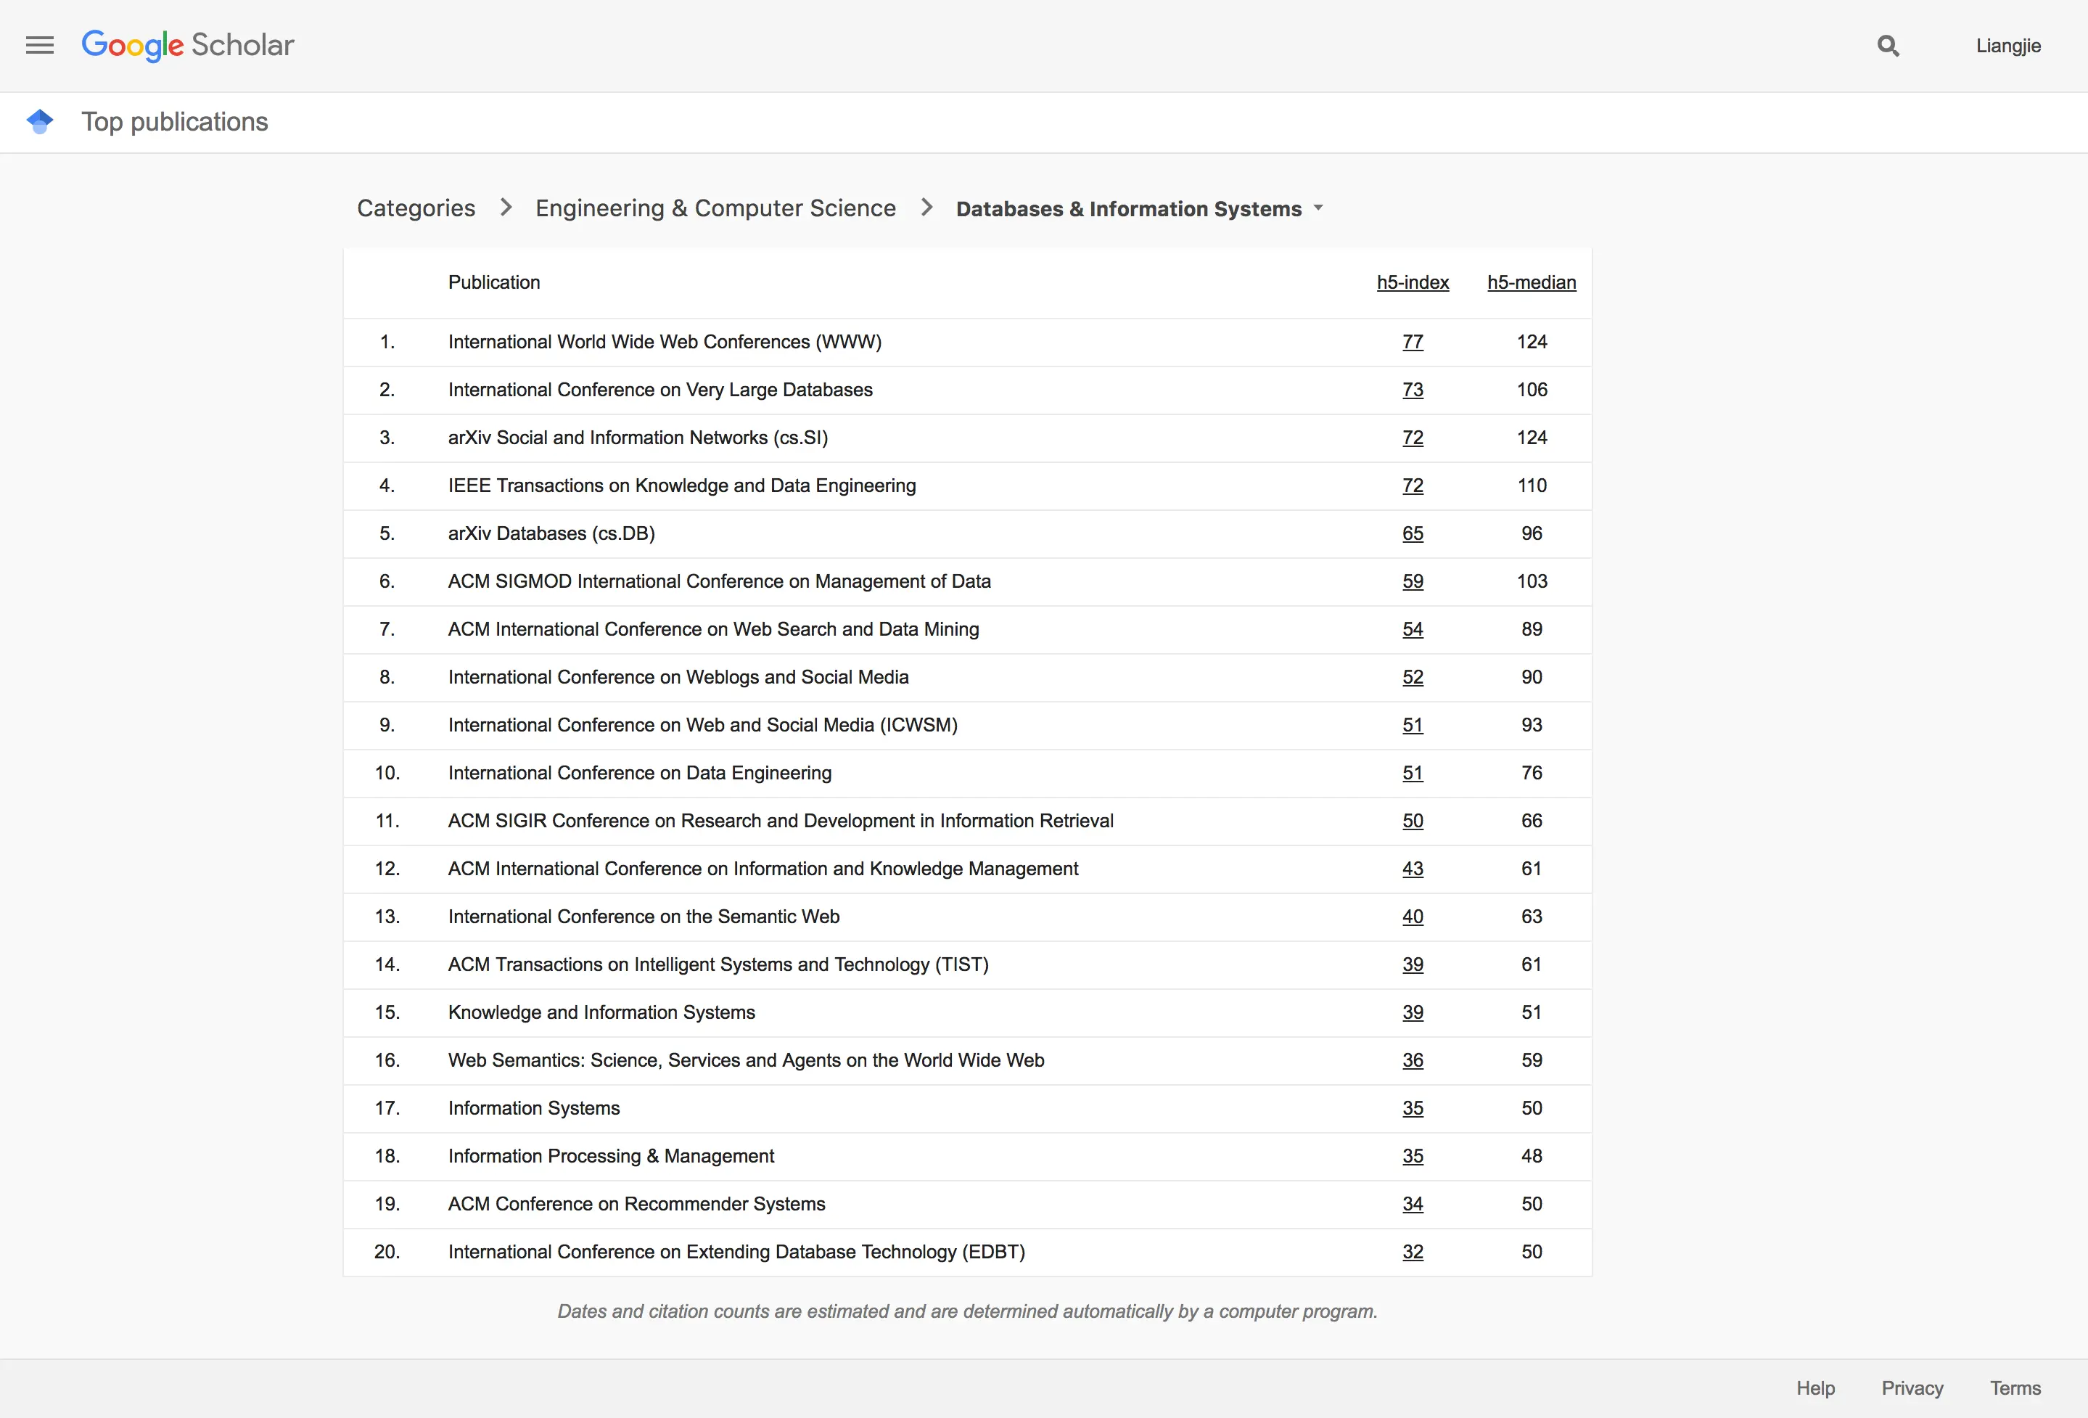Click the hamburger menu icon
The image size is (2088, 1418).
(39, 45)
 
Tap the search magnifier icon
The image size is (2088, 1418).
(1888, 46)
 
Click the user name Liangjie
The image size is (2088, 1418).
(2007, 46)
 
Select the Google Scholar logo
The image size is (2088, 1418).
(188, 45)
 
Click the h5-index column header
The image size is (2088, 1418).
(1413, 282)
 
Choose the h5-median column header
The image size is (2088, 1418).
(1531, 282)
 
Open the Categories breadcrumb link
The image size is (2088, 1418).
(416, 208)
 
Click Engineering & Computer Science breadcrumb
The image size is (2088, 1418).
(715, 208)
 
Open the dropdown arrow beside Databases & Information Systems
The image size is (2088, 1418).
(1318, 208)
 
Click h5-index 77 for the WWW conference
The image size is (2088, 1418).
(1413, 342)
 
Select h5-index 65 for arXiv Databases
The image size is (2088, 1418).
(1413, 533)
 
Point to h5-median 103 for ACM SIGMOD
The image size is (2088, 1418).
(1532, 581)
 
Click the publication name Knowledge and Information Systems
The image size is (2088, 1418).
(601, 1012)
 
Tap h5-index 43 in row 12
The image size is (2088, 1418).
(1413, 868)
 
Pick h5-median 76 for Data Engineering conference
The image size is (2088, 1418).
(1532, 773)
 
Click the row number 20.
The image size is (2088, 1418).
(387, 1252)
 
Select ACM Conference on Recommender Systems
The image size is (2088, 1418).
(636, 1204)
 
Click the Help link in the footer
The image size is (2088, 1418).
(1815, 1388)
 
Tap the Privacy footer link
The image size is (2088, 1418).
(1912, 1388)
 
